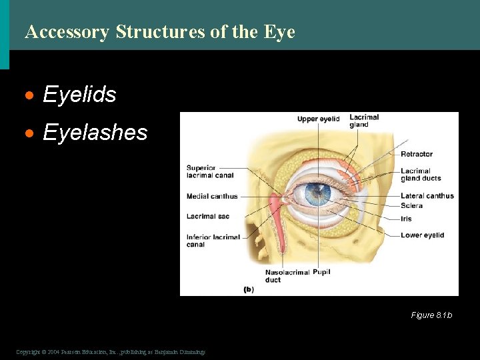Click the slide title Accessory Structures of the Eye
click(159, 31)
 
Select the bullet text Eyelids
click(79, 95)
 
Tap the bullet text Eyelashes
click(95, 132)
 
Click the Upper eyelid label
click(318, 119)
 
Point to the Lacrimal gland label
click(364, 121)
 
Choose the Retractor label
click(417, 155)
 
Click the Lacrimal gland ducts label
click(420, 175)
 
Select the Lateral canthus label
click(427, 196)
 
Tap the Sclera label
click(411, 206)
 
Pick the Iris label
click(406, 219)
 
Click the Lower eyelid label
click(422, 235)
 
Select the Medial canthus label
click(211, 197)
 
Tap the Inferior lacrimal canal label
click(213, 241)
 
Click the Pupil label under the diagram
click(321, 272)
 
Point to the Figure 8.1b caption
click(431, 315)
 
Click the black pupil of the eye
click(317, 195)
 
